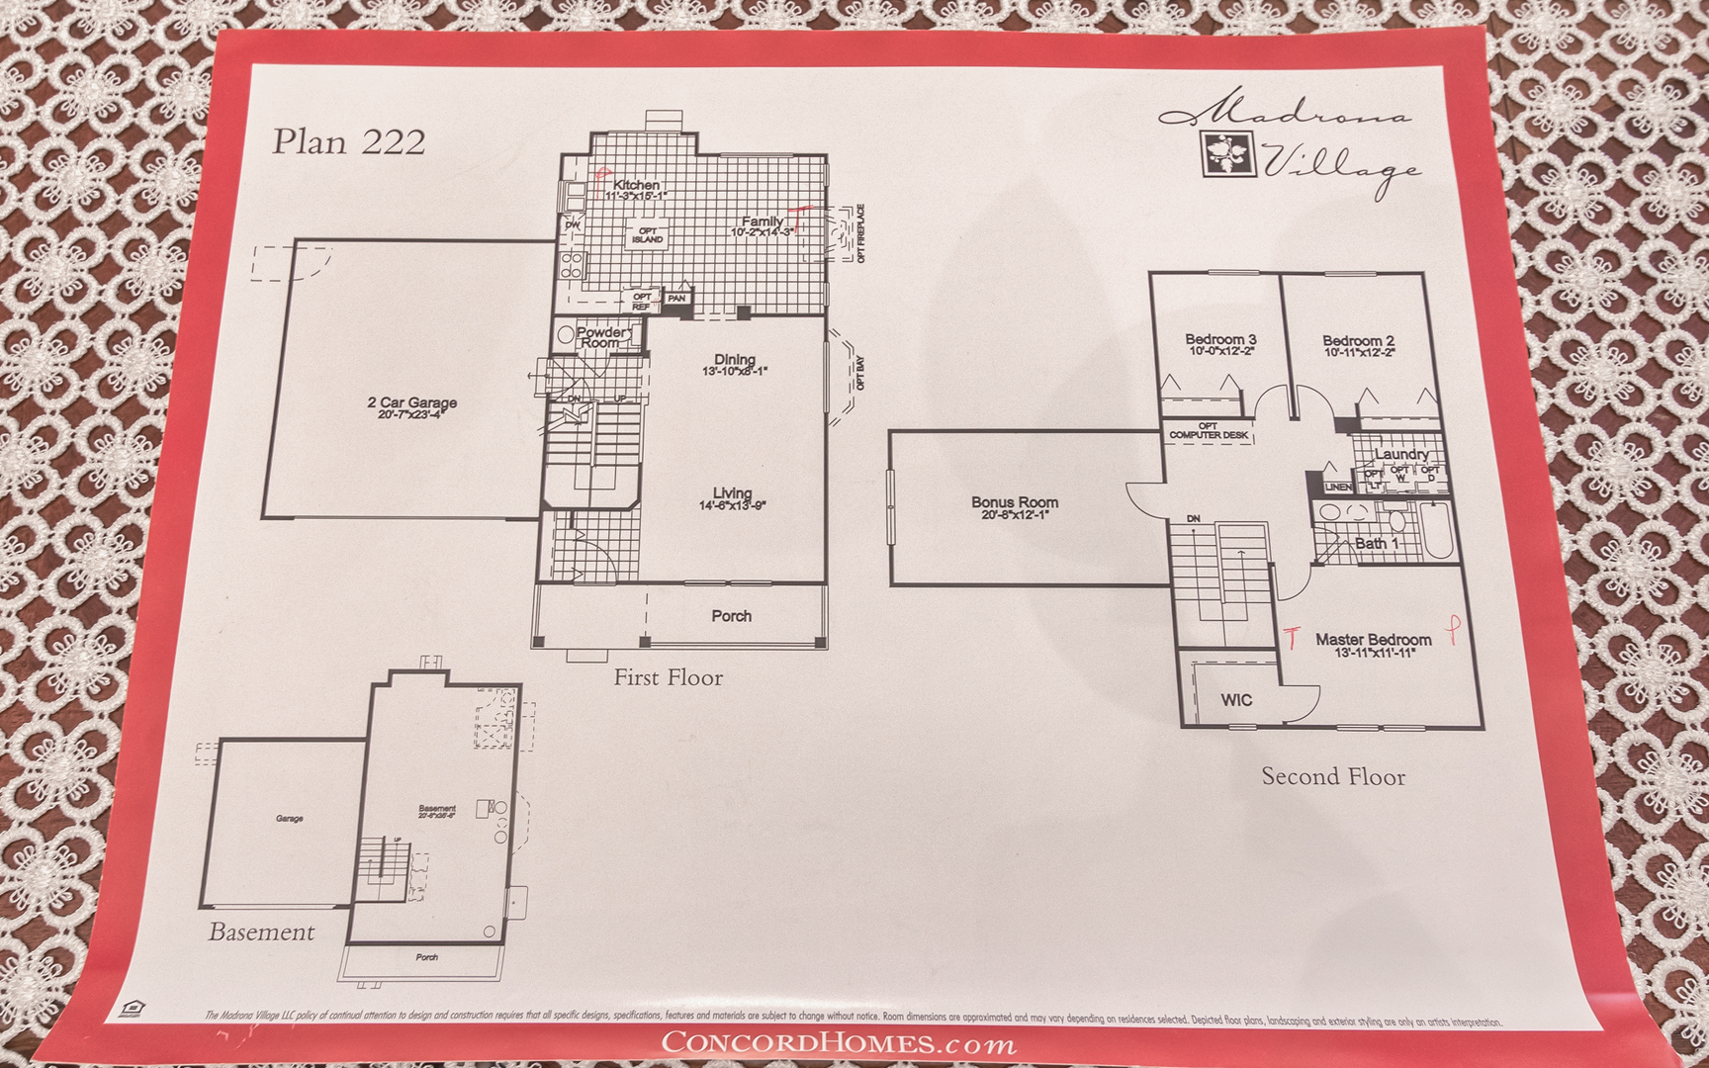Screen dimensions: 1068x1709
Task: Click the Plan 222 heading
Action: [348, 141]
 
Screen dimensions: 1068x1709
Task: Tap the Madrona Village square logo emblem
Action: [1229, 152]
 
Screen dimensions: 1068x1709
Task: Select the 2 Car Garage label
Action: [411, 403]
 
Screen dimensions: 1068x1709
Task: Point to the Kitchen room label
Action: [636, 185]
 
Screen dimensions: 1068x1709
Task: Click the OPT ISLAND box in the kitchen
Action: [647, 235]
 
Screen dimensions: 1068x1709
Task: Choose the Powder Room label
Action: [600, 337]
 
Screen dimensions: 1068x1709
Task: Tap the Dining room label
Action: [735, 360]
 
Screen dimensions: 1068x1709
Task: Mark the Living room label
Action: [732, 493]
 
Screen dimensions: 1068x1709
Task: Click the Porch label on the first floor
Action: [731, 616]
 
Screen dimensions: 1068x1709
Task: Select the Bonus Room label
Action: [1014, 503]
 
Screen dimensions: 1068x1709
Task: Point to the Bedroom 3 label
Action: [1220, 340]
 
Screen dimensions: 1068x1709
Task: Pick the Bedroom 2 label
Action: [1358, 341]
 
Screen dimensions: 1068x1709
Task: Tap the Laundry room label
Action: [1401, 454]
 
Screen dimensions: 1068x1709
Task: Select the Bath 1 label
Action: [1377, 543]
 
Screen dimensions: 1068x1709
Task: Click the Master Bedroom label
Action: [1373, 640]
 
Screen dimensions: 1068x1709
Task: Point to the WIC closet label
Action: [1236, 700]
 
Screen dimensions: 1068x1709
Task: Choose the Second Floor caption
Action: [1332, 777]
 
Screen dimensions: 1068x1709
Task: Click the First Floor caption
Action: [668, 678]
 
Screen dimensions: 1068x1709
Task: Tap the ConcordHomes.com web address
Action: [837, 1042]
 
